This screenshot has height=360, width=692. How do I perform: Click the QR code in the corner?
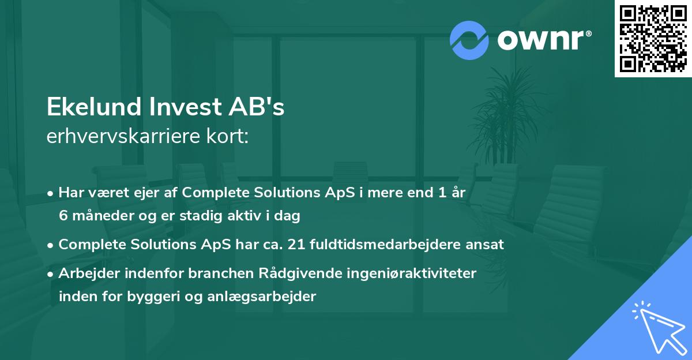coord(653,39)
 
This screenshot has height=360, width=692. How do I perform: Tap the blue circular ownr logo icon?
coord(469,40)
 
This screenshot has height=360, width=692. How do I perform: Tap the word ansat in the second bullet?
coord(488,245)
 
